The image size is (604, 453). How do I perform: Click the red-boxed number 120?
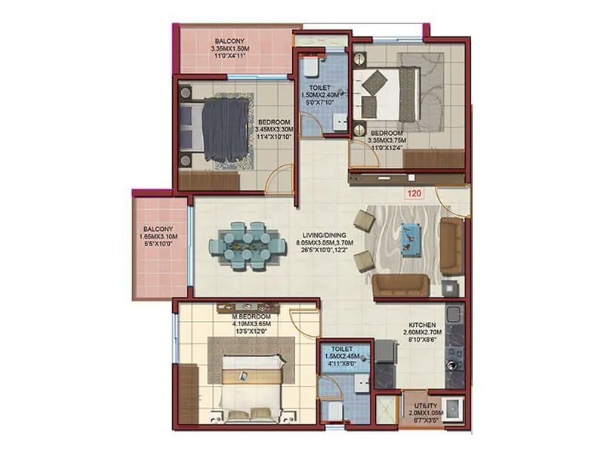point(413,193)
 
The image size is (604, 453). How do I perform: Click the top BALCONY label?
point(230,41)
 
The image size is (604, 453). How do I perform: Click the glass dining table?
point(248,245)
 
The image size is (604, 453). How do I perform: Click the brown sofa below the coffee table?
point(401,284)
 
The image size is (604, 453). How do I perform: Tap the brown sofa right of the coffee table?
point(452,246)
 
